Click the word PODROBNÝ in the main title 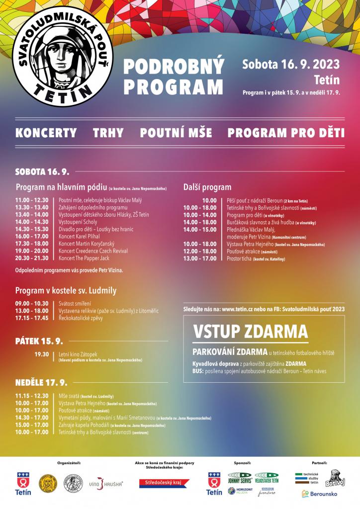click(x=174, y=67)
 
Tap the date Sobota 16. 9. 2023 click(x=291, y=65)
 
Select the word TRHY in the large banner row click(x=108, y=133)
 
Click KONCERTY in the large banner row click(x=46, y=133)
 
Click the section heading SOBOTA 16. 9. click(x=42, y=172)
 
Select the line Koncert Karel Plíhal click(x=79, y=237)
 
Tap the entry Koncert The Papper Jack click(x=84, y=258)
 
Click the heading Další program click(x=207, y=187)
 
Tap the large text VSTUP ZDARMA click(x=250, y=331)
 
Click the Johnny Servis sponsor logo click(x=241, y=477)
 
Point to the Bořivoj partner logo click(x=335, y=479)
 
